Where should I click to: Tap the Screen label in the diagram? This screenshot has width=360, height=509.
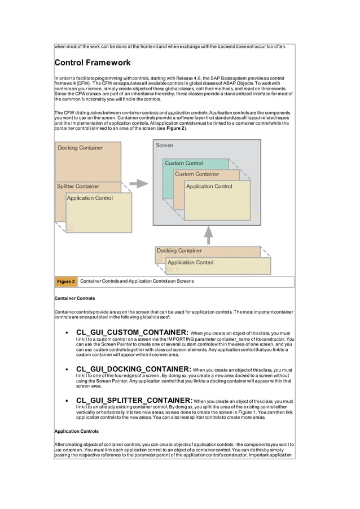tap(165, 145)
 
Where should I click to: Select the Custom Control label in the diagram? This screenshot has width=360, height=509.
tap(184, 163)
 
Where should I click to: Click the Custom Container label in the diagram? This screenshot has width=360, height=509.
tap(197, 174)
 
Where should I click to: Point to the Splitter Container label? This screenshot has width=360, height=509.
tap(78, 186)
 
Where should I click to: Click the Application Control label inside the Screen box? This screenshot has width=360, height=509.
tap(209, 186)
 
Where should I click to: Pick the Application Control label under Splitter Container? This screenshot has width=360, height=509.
tap(90, 198)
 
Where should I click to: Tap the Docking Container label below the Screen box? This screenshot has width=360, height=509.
tap(179, 251)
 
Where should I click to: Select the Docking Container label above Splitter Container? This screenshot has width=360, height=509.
tap(80, 148)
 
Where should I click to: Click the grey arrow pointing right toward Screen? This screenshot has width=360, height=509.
tap(138, 183)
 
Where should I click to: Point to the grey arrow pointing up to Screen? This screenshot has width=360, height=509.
tap(208, 233)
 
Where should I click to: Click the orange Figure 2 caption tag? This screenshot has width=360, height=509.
tap(65, 282)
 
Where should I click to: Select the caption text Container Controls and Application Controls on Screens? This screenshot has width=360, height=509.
tap(137, 281)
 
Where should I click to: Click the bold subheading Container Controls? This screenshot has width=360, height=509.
tap(74, 298)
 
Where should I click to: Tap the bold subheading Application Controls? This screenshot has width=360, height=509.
tap(76, 431)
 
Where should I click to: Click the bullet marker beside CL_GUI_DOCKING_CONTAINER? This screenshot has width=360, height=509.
tap(67, 370)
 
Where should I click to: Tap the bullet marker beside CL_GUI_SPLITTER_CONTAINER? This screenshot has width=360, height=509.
tap(67, 401)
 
